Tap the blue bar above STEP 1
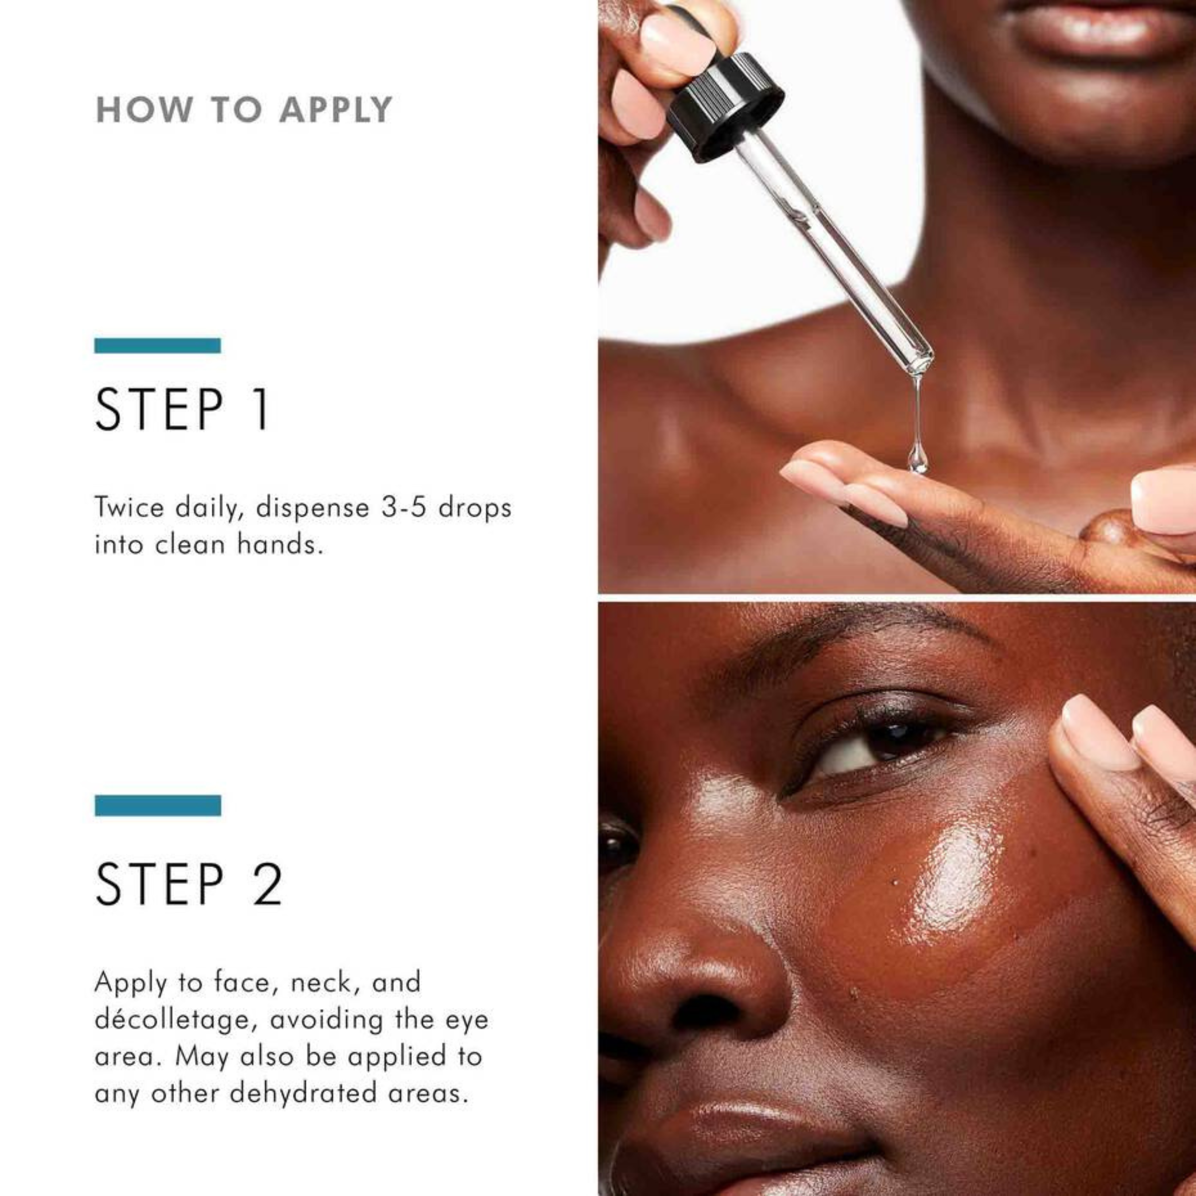[157, 346]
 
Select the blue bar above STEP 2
[158, 805]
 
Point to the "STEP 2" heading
[189, 885]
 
